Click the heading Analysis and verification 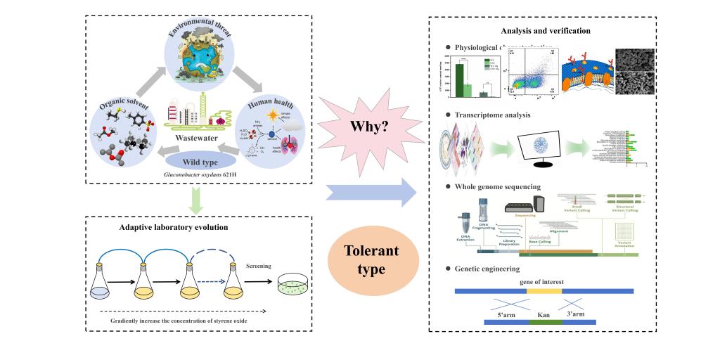[x=546, y=31]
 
